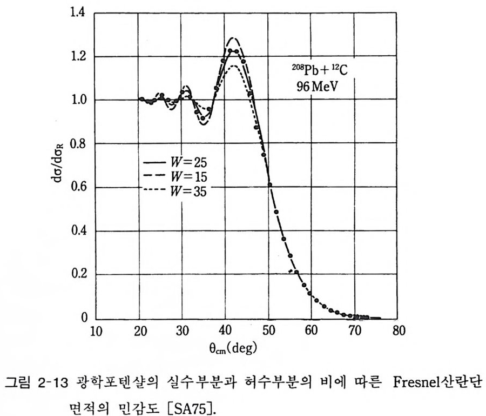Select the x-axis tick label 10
coord(95,331)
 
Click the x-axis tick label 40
coord(225,331)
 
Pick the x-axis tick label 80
coord(398,331)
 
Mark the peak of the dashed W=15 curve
coord(233,38)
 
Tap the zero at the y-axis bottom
coord(84,318)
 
